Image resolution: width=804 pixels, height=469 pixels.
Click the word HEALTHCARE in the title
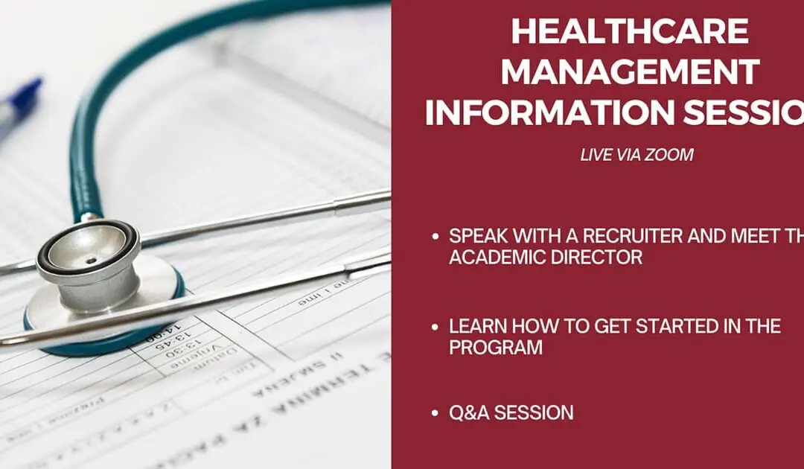tap(630, 32)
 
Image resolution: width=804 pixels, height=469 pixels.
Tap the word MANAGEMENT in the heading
tap(636, 72)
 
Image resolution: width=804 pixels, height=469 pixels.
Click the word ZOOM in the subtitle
tap(671, 155)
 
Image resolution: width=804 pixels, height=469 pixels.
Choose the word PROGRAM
tap(495, 347)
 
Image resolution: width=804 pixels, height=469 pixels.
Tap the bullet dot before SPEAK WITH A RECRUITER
tap(435, 237)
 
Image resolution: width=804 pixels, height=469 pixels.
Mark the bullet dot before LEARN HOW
tap(435, 326)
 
